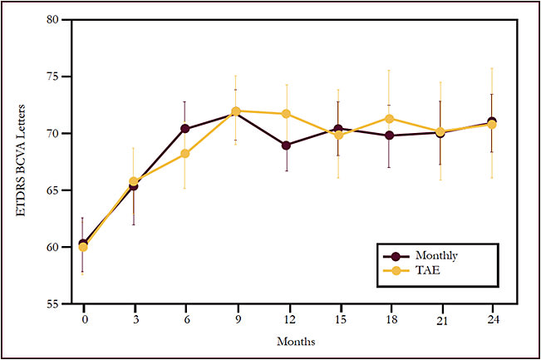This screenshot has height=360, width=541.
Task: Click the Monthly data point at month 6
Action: (184, 129)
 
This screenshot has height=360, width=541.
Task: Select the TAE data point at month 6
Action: (184, 154)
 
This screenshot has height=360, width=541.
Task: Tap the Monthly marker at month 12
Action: (287, 145)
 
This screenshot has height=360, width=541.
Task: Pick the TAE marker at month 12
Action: (287, 114)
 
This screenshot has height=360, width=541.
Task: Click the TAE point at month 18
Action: (389, 118)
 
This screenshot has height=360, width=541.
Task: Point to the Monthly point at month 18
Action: (389, 136)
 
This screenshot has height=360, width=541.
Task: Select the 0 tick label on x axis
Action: (83, 319)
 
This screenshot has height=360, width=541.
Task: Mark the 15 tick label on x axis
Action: (338, 319)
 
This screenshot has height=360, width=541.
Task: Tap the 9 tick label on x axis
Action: (236, 319)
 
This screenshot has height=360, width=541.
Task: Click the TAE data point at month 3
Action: (134, 181)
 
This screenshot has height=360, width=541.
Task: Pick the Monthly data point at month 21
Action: (440, 133)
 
